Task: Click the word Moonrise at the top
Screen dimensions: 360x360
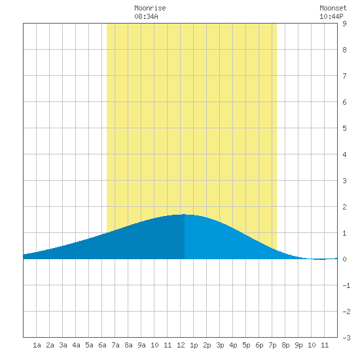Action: coord(150,8)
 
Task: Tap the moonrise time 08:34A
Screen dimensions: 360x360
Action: coord(146,16)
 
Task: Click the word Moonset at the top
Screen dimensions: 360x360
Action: coord(333,8)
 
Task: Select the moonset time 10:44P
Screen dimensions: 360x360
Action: coord(331,16)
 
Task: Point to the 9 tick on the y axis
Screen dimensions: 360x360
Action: coord(344,24)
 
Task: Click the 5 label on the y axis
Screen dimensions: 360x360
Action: coord(344,128)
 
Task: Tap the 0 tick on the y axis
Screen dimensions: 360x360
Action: coord(344,259)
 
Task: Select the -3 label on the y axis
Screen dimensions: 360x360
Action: coord(346,338)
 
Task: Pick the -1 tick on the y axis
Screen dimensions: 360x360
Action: coord(346,285)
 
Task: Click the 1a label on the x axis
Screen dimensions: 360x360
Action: coord(37,345)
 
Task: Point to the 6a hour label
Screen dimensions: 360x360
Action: coord(102,345)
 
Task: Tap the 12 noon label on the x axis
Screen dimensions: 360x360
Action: coord(181,345)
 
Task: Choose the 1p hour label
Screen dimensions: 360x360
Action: coord(194,345)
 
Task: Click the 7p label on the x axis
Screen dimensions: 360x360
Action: coord(272,345)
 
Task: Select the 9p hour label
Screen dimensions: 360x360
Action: coord(298,345)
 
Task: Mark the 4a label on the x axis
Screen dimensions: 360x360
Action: coord(76,345)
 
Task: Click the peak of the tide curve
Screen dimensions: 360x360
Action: coord(185,215)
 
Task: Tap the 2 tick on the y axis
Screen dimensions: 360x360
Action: coord(344,207)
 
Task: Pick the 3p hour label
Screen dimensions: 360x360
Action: coord(220,345)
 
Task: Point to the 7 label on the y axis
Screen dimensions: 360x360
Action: coord(344,76)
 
